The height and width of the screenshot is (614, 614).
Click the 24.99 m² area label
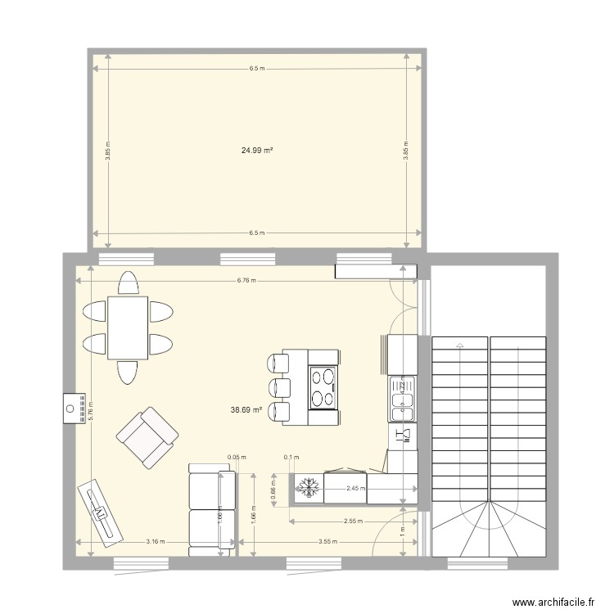[x=256, y=151]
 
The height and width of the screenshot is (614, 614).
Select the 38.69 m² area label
[x=246, y=409]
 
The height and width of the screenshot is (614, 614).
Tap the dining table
[x=127, y=327]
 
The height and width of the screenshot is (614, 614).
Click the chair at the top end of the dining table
[x=127, y=283]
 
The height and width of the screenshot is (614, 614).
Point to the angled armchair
[x=147, y=437]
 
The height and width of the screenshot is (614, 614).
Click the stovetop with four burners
[x=323, y=387]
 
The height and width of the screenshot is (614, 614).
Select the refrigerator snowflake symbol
[x=309, y=487]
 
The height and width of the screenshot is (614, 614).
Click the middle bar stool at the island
[x=279, y=386]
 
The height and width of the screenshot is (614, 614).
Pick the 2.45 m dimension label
[x=356, y=489]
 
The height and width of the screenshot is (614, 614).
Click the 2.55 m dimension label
[x=354, y=521]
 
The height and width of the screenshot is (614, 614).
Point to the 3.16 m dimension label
[x=156, y=541]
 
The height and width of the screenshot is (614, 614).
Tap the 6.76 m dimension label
[x=246, y=280]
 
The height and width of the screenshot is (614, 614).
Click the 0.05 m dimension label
[x=237, y=458]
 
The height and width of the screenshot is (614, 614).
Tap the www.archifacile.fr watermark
[x=553, y=603]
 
